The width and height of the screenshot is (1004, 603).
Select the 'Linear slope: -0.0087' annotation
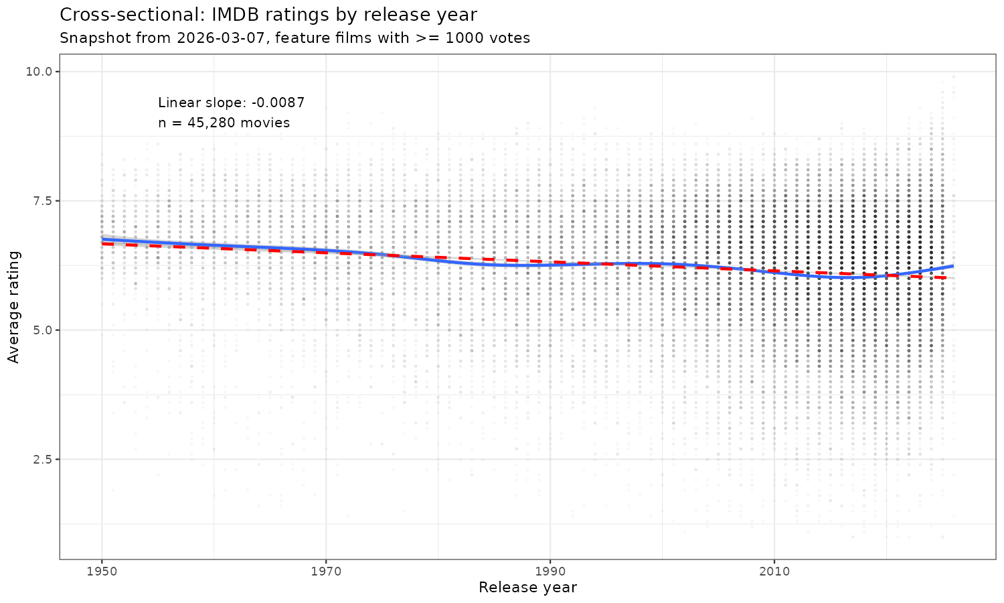tap(232, 103)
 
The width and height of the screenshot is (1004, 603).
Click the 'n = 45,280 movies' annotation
tap(224, 123)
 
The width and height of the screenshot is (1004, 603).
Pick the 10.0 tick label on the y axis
tap(41, 72)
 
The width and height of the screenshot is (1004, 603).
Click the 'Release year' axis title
tap(527, 588)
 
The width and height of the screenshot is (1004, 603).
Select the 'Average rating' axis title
tap(14, 307)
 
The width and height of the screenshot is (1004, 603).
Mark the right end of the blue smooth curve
tap(953, 266)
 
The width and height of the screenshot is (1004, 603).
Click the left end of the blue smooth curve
tap(102, 239)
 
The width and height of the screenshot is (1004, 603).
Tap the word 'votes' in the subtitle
tap(511, 38)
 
